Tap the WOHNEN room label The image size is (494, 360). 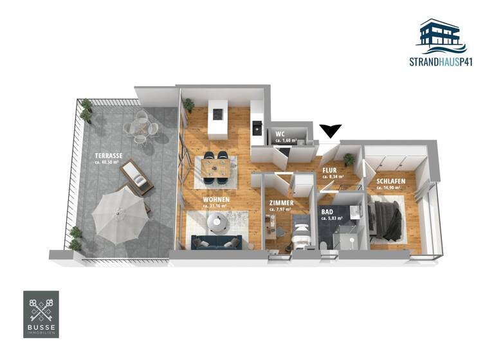[x=216, y=199]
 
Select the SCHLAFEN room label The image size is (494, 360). [x=391, y=182]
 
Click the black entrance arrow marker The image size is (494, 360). [x=331, y=130]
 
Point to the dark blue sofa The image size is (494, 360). [x=216, y=242]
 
